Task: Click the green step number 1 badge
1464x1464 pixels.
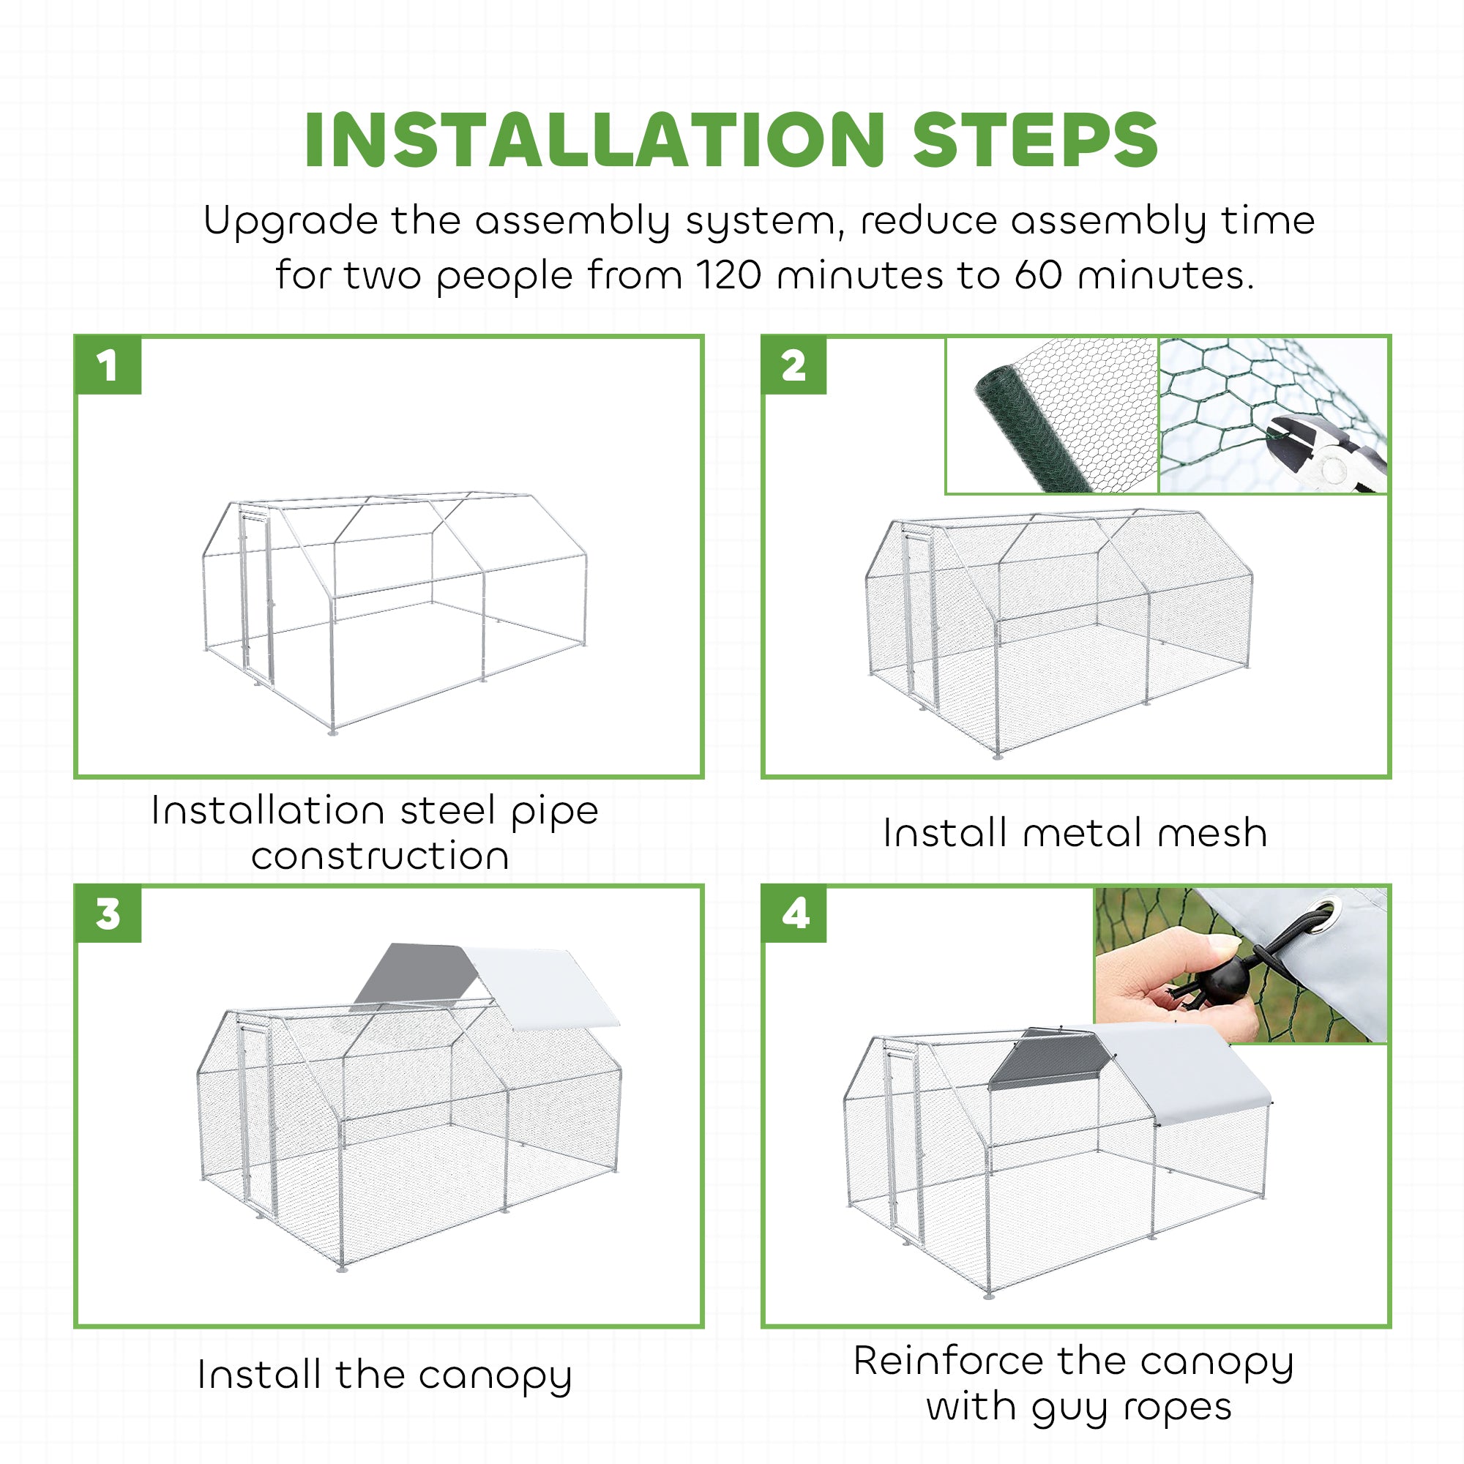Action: pyautogui.click(x=108, y=365)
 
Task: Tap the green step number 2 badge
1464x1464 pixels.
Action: pyautogui.click(x=794, y=365)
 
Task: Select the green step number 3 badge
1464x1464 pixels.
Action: pyautogui.click(x=108, y=913)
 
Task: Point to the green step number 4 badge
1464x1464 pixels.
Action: pyautogui.click(x=794, y=913)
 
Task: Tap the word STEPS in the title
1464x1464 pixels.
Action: pyautogui.click(x=1035, y=141)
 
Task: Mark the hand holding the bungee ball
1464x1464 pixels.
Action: pyautogui.click(x=1170, y=985)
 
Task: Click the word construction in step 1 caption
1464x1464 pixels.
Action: pyautogui.click(x=381, y=856)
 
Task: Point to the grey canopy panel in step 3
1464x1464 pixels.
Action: pyautogui.click(x=415, y=973)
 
